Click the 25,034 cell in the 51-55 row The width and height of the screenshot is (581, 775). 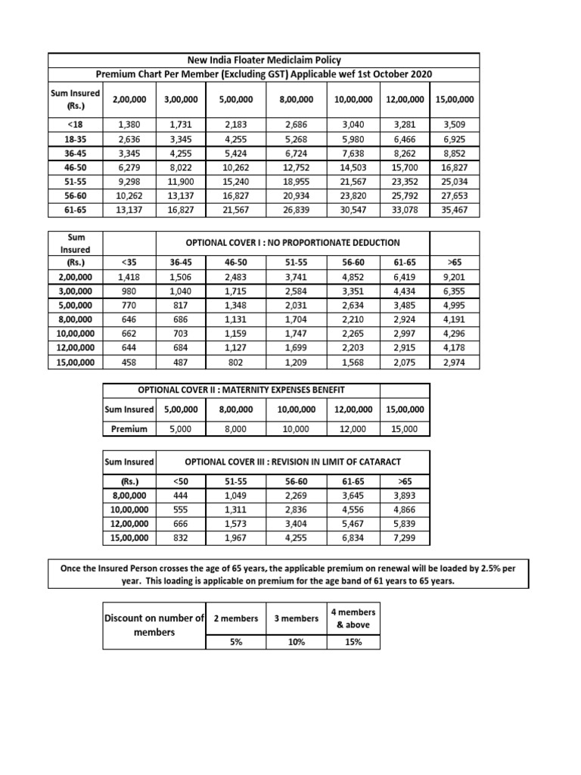pyautogui.click(x=454, y=181)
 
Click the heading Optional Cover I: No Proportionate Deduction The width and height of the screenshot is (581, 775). pyautogui.click(x=292, y=243)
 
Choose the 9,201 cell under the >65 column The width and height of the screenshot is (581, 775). pyautogui.click(x=453, y=277)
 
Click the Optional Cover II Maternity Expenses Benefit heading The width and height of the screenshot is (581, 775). pyautogui.click(x=241, y=389)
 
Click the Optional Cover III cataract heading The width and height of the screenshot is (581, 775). pyautogui.click(x=293, y=461)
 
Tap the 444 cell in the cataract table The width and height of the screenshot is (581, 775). pyautogui.click(x=180, y=495)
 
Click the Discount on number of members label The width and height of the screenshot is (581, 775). pyautogui.click(x=154, y=624)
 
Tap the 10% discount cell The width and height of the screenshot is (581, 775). pyautogui.click(x=296, y=642)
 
